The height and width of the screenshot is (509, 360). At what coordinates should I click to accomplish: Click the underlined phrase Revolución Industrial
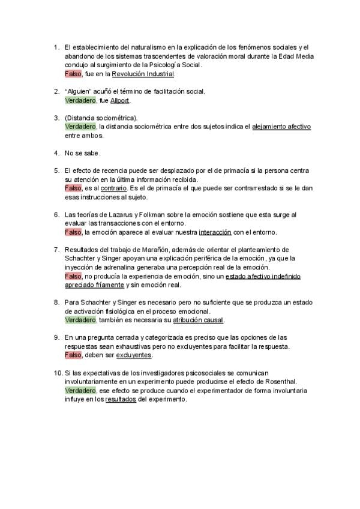pos(143,74)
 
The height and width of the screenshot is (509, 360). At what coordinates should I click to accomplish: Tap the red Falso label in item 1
pos(73,74)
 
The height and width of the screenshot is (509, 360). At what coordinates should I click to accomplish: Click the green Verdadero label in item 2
pos(80,100)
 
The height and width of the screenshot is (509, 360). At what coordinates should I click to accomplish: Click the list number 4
pos(56,153)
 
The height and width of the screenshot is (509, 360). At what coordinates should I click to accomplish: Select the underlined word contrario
pos(114,188)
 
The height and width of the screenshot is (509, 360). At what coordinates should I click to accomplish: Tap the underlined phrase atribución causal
pos(198,320)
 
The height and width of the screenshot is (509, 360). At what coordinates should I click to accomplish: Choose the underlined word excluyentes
pos(134,355)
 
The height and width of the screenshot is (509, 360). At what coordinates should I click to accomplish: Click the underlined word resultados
pos(121,399)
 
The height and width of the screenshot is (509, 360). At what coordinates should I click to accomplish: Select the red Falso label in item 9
pos(73,355)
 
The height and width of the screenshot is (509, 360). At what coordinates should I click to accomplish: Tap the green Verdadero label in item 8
pos(80,320)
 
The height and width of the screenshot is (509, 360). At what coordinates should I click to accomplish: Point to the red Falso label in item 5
pos(73,188)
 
